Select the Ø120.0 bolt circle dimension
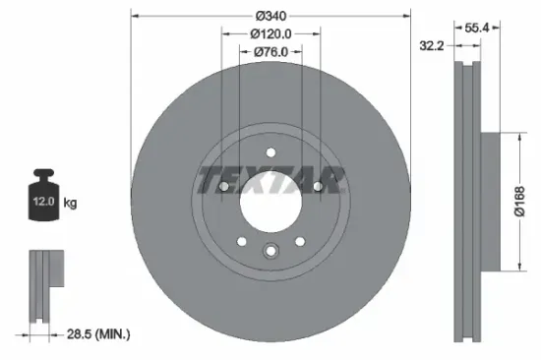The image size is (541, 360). tap(270, 34)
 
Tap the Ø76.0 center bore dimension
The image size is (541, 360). tap(270, 52)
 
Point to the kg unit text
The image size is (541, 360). tap(70, 204)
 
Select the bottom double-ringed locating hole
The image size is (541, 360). tap(270, 251)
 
